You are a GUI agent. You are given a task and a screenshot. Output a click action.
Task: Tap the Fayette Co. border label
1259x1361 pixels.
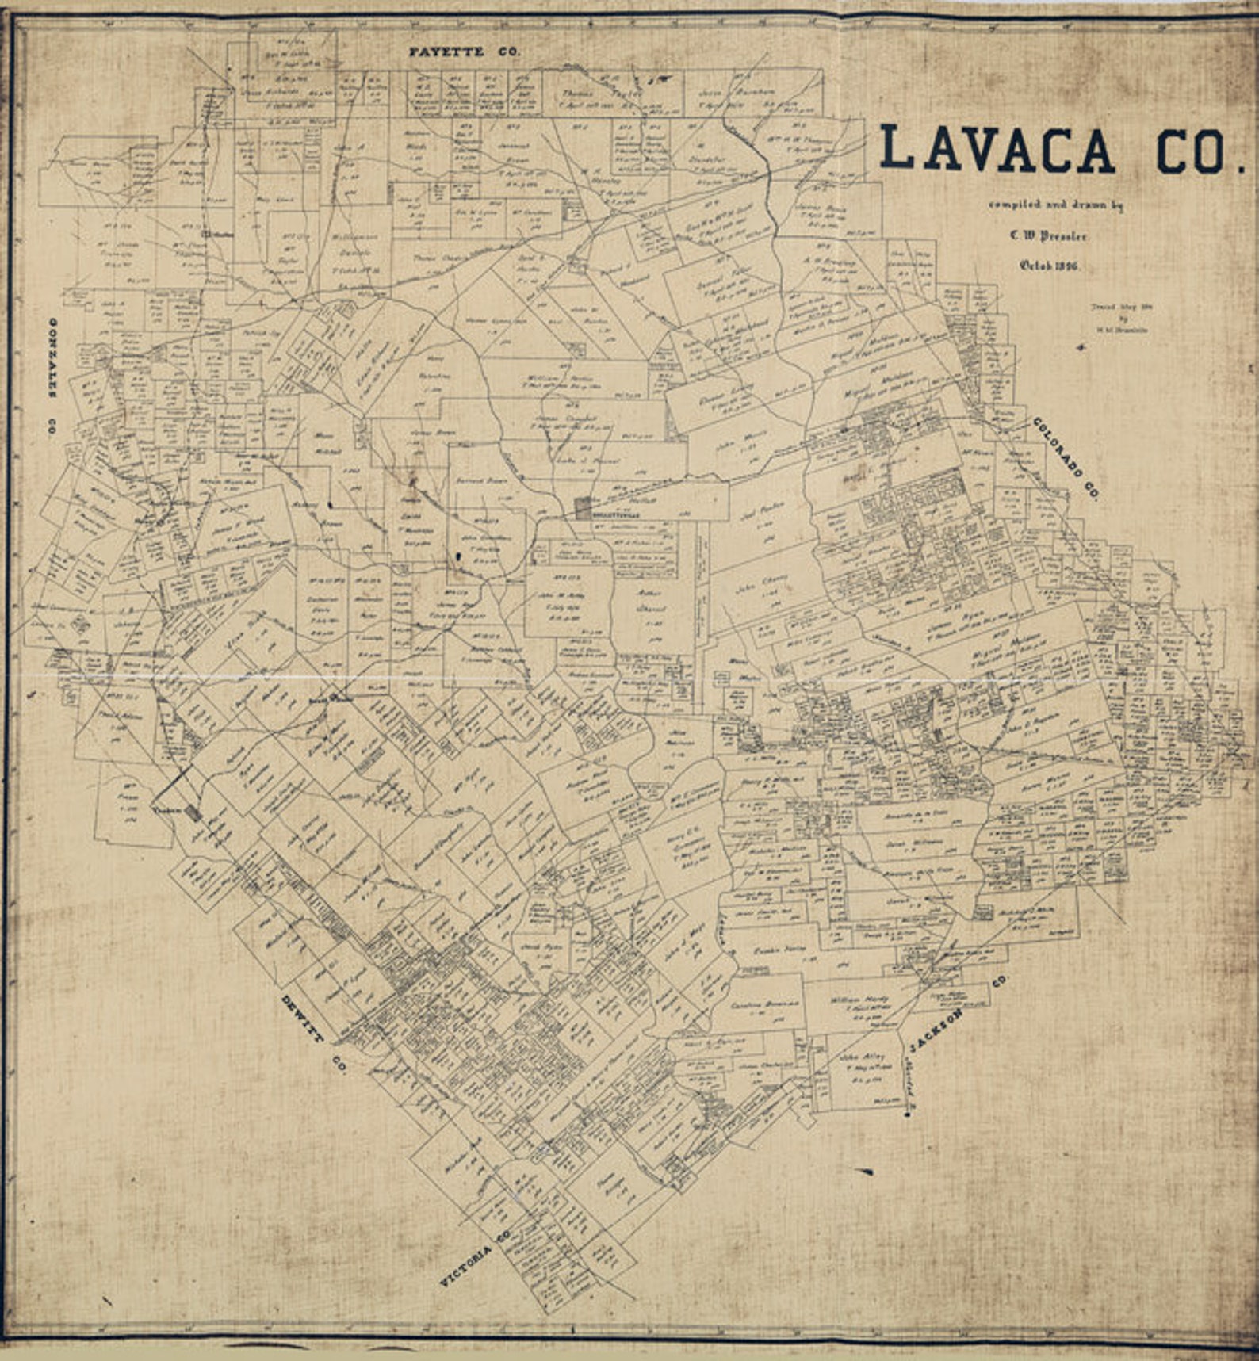click(464, 52)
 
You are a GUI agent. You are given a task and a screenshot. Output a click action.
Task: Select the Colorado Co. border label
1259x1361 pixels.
click(1065, 458)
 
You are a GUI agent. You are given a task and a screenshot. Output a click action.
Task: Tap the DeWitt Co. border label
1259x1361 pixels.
click(315, 1033)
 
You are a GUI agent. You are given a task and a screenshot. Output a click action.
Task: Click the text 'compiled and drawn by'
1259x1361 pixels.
click(1054, 205)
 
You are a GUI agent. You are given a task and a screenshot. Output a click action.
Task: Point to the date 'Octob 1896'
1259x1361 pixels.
click(1049, 266)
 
